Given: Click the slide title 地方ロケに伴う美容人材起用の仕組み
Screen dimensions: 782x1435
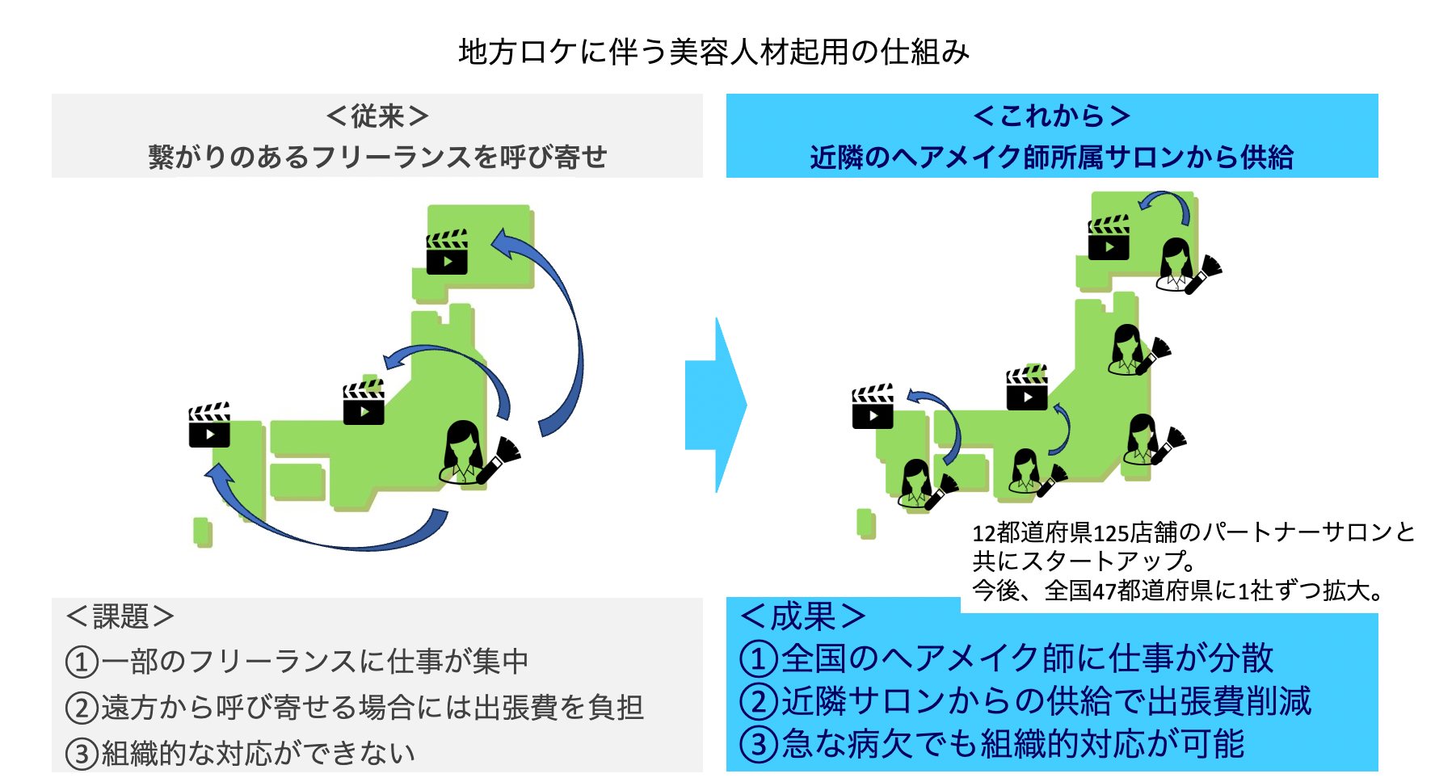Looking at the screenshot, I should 714,53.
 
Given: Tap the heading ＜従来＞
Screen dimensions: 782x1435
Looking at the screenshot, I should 377,116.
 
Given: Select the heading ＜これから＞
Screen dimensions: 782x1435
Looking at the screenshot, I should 1051,116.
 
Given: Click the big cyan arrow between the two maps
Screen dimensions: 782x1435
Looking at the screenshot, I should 716,405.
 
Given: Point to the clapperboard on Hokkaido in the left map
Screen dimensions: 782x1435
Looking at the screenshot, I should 447,253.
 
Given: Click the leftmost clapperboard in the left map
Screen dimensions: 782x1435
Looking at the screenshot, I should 209,426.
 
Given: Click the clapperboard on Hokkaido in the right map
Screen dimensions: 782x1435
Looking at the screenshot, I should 1109,238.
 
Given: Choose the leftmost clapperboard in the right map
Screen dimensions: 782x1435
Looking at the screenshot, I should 873,406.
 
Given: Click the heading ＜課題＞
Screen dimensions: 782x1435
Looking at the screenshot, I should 120,616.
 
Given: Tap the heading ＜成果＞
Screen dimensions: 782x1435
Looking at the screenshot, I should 803,616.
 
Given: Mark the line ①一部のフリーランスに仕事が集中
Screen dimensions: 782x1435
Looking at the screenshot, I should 297,662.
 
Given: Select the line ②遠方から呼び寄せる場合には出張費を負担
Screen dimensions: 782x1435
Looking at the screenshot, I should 355,708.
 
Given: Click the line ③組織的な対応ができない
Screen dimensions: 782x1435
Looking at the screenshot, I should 241,754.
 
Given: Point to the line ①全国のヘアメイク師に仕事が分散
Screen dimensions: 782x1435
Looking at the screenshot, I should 1007,658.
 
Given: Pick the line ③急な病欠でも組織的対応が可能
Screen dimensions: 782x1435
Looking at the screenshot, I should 992,744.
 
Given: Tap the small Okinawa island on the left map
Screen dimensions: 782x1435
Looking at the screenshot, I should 202,532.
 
